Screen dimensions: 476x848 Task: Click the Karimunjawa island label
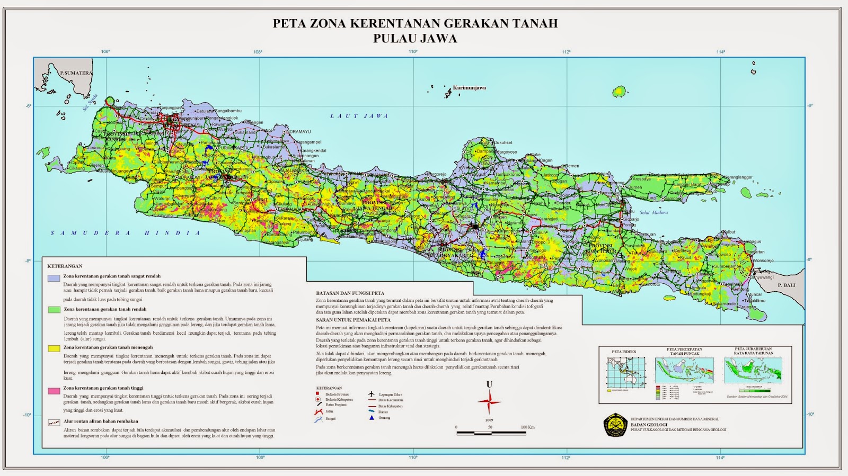pyautogui.click(x=469, y=88)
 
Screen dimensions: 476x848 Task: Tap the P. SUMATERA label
pyautogui.click(x=76, y=73)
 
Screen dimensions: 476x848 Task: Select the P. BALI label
pyautogui.click(x=787, y=285)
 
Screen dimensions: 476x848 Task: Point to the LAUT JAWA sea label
pyautogui.click(x=359, y=116)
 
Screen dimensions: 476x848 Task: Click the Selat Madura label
pyautogui.click(x=653, y=212)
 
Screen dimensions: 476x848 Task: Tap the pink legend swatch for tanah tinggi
pyautogui.click(x=54, y=391)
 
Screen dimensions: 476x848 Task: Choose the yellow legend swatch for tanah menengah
pyautogui.click(x=54, y=348)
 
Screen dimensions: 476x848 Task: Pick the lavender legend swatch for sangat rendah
pyautogui.click(x=54, y=277)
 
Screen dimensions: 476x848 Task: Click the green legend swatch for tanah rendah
pyautogui.click(x=54, y=310)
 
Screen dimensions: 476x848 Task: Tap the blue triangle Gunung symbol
pyautogui.click(x=372, y=418)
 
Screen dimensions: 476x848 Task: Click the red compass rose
pyautogui.click(x=489, y=402)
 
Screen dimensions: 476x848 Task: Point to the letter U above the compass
pyautogui.click(x=489, y=384)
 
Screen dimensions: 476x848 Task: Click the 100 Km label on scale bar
pyautogui.click(x=527, y=427)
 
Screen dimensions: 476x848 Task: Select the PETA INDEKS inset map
pyautogui.click(x=626, y=373)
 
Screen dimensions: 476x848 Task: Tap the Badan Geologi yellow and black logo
pyautogui.click(x=615, y=425)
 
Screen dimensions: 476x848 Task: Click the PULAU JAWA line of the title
pyautogui.click(x=415, y=39)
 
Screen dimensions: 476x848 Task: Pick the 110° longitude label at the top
pyautogui.click(x=413, y=52)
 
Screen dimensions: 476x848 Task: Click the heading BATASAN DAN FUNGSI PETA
pyautogui.click(x=350, y=293)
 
